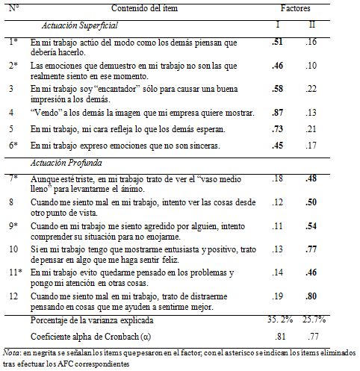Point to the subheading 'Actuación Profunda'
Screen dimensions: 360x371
click(67, 162)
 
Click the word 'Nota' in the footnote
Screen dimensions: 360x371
click(13, 352)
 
